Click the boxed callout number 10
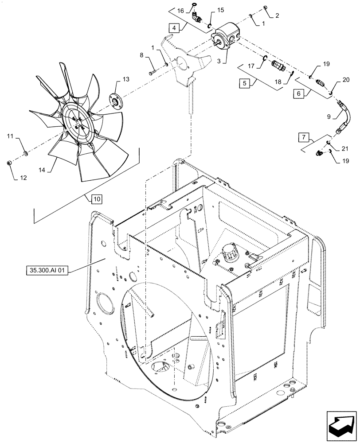96,198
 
